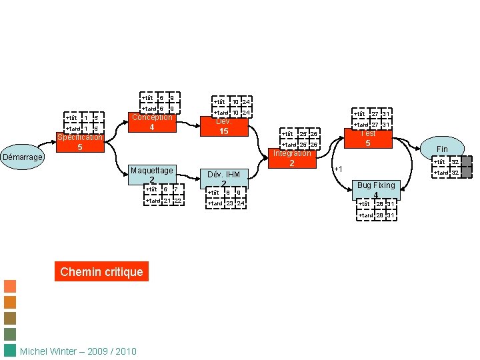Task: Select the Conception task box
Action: [x=152, y=123]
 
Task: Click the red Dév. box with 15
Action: [x=224, y=127]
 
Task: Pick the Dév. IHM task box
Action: [x=224, y=178]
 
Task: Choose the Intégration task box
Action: [x=292, y=159]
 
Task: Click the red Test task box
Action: [x=368, y=139]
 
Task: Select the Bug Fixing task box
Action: [x=376, y=189]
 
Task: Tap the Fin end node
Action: [x=442, y=148]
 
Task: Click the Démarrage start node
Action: [x=23, y=158]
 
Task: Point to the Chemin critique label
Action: [x=101, y=271]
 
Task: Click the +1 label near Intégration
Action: [x=339, y=169]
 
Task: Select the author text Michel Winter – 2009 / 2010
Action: [x=79, y=351]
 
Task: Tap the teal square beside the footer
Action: [x=10, y=351]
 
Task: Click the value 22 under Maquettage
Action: [x=178, y=201]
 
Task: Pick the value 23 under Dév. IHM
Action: [x=228, y=203]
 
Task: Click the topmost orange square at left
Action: [x=10, y=286]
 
